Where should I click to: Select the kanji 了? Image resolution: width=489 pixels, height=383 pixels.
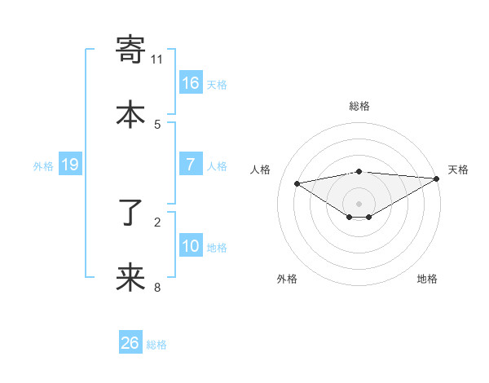coord(131,214)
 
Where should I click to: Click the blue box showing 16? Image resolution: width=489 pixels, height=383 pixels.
coord(191,83)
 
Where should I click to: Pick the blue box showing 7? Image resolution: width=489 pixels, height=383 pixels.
coord(191,165)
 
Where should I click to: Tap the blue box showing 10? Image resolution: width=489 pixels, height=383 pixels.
coord(191,246)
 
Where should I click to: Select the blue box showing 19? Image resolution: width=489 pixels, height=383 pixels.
coord(69,165)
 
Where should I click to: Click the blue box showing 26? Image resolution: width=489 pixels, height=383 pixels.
coord(130,343)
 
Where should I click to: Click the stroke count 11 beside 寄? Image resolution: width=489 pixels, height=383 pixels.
coord(157,59)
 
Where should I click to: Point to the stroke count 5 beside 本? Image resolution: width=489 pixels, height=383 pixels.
coord(157,124)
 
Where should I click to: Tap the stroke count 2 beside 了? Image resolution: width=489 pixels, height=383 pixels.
coord(157,221)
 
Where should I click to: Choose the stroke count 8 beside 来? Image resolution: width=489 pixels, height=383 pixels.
coord(157,286)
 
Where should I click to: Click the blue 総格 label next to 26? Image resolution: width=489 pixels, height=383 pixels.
coord(156,345)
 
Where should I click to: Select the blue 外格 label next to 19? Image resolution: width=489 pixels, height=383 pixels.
coord(43,166)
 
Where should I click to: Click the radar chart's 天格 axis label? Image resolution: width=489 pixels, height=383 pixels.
coord(459,169)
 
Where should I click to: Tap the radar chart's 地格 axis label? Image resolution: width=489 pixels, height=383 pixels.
coord(427,279)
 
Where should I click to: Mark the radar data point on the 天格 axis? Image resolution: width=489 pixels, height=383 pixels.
coord(437,178)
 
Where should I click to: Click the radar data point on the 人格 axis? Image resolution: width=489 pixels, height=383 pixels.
coord(297,183)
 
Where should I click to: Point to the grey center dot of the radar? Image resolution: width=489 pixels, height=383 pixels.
coord(359,203)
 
